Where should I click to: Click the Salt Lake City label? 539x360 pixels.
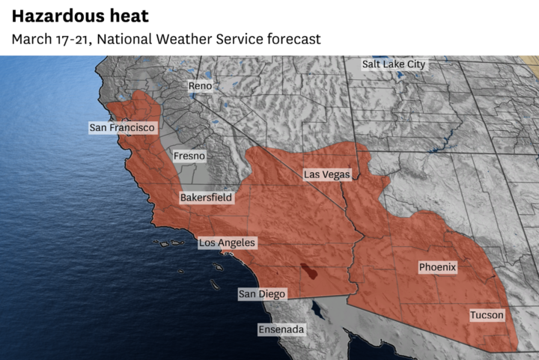point(393,64)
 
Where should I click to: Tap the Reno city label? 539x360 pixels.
point(200,87)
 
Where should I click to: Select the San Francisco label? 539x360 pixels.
point(122,128)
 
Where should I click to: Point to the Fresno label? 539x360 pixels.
point(189,156)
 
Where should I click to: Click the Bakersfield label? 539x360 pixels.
point(206,198)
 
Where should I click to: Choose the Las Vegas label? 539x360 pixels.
point(326,174)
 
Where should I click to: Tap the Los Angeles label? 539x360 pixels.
point(227,243)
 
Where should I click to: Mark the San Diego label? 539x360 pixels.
point(262,294)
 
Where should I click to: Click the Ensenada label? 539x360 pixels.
point(281,329)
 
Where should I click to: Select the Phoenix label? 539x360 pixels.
point(437,267)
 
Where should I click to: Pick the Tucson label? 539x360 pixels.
point(487,315)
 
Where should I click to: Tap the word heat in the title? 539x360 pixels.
point(130,16)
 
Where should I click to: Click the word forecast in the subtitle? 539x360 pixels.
point(292,39)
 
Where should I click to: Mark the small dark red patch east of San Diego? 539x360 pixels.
point(308,271)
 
